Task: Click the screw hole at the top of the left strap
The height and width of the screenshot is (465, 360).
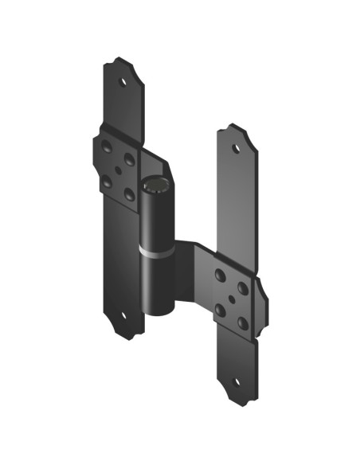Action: pyautogui.click(x=123, y=80)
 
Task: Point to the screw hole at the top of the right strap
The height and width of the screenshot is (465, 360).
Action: pyautogui.click(x=236, y=148)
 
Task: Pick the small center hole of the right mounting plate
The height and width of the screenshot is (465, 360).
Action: pyautogui.click(x=231, y=299)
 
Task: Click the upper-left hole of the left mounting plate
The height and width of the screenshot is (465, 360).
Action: pyautogui.click(x=107, y=147)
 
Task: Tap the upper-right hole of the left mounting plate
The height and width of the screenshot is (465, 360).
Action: pyautogui.click(x=129, y=159)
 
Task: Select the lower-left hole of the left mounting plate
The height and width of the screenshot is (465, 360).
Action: pyautogui.click(x=107, y=182)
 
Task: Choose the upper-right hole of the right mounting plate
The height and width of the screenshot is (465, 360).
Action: pyautogui.click(x=243, y=288)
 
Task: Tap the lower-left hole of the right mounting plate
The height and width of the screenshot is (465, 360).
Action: pyautogui.click(x=220, y=310)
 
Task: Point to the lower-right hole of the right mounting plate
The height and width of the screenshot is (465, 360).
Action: pyautogui.click(x=243, y=323)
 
